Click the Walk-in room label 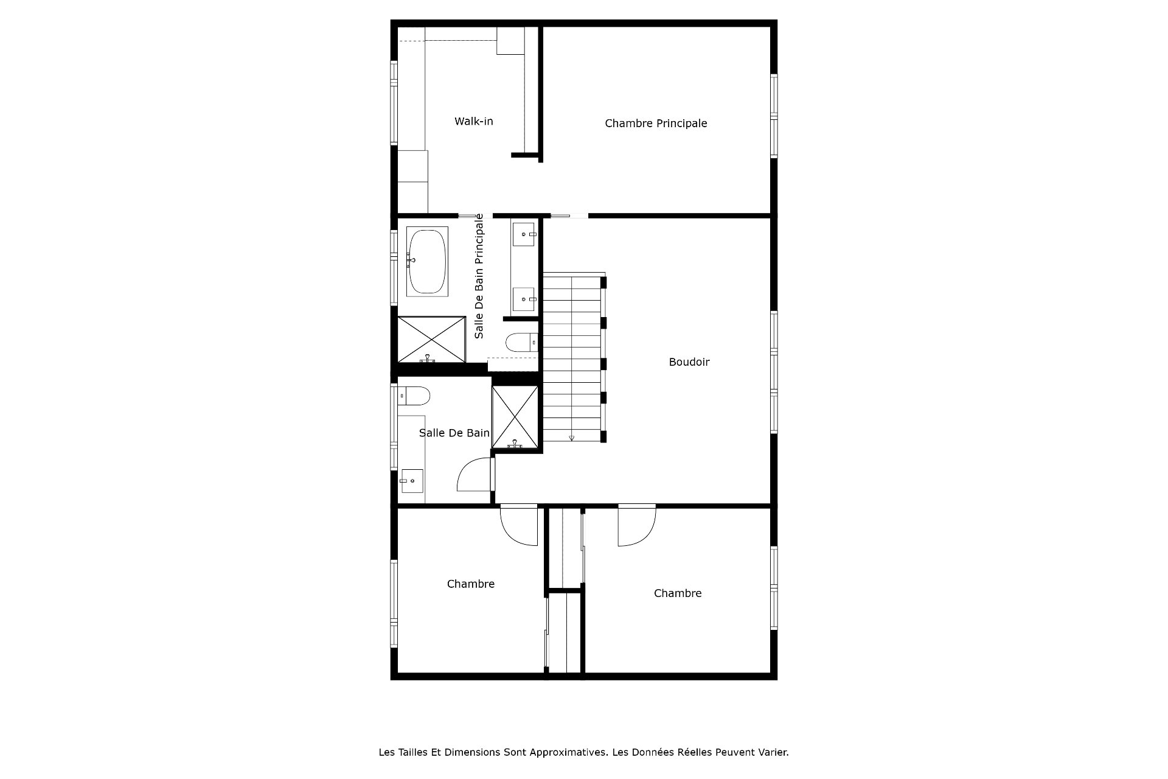pyautogui.click(x=474, y=121)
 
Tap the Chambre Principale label pyautogui.click(x=656, y=123)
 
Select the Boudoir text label pyautogui.click(x=689, y=362)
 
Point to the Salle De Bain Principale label pyautogui.click(x=479, y=276)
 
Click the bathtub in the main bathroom pyautogui.click(x=427, y=261)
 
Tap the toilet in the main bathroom pyautogui.click(x=522, y=343)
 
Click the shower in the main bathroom pyautogui.click(x=431, y=339)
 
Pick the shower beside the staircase pyautogui.click(x=515, y=417)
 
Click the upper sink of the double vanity pyautogui.click(x=524, y=234)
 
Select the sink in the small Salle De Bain pyautogui.click(x=412, y=481)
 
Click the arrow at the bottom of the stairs pyautogui.click(x=571, y=438)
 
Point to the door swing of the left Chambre pyautogui.click(x=514, y=529)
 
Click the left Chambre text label pyautogui.click(x=471, y=584)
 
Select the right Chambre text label pyautogui.click(x=678, y=593)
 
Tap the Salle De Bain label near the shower pyautogui.click(x=454, y=433)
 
